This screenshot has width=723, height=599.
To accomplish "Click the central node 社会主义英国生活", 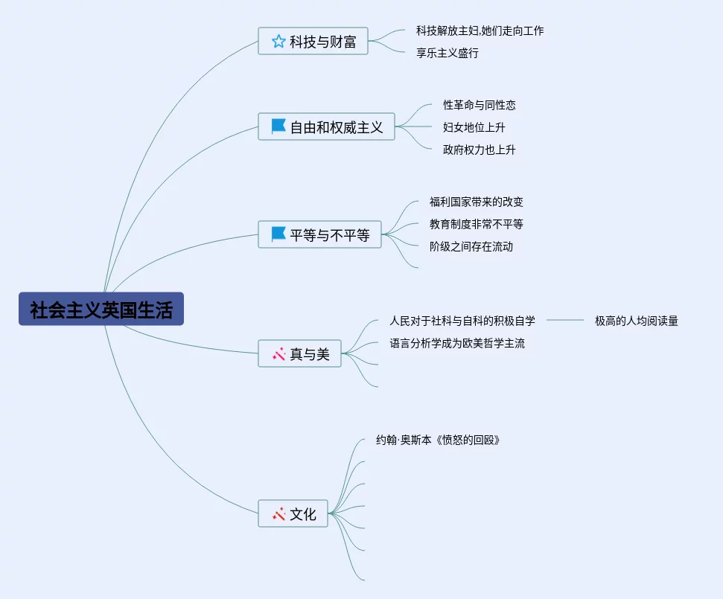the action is click(x=101, y=309).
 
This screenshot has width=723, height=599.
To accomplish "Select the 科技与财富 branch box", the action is click(x=313, y=42).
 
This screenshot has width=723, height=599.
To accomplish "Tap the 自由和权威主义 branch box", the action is click(x=327, y=127).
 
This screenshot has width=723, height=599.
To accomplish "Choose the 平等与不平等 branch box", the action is click(x=320, y=235).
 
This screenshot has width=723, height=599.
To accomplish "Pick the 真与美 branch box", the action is click(x=300, y=354).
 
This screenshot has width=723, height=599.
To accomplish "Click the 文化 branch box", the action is click(x=293, y=513).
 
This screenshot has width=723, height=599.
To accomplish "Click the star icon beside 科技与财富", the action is click(x=278, y=42).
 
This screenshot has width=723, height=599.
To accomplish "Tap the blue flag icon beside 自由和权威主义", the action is click(x=278, y=127).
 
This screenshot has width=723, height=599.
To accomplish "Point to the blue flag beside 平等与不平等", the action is click(x=278, y=235).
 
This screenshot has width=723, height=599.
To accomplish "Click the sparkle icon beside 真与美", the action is click(x=279, y=354).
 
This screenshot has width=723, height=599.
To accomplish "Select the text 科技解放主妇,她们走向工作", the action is click(x=480, y=31).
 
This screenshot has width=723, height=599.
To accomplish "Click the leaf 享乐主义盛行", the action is click(x=447, y=53).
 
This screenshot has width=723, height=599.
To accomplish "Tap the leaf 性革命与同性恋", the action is click(x=479, y=105).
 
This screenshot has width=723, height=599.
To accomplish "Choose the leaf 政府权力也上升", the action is click(x=479, y=150).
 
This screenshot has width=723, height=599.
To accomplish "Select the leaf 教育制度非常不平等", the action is click(x=476, y=224).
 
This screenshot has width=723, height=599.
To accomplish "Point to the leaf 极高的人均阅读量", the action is click(x=636, y=321).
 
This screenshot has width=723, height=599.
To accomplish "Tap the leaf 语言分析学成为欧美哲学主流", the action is click(x=456, y=343).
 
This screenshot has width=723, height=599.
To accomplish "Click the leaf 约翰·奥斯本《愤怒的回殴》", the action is click(x=438, y=440).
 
